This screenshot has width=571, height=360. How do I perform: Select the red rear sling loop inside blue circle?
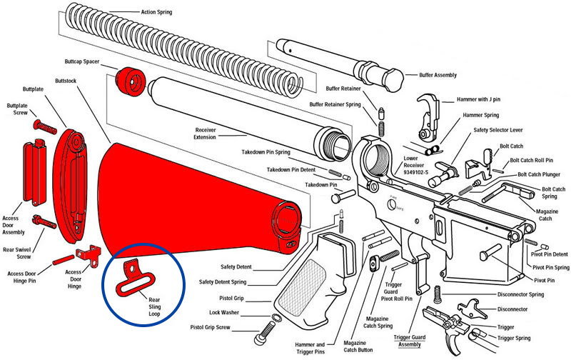[131, 279]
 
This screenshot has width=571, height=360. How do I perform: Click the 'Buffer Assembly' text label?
[435, 75]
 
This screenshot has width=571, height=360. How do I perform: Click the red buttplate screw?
[44, 126]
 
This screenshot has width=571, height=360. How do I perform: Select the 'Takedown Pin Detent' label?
[292, 169]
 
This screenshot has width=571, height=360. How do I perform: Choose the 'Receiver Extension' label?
[206, 134]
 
